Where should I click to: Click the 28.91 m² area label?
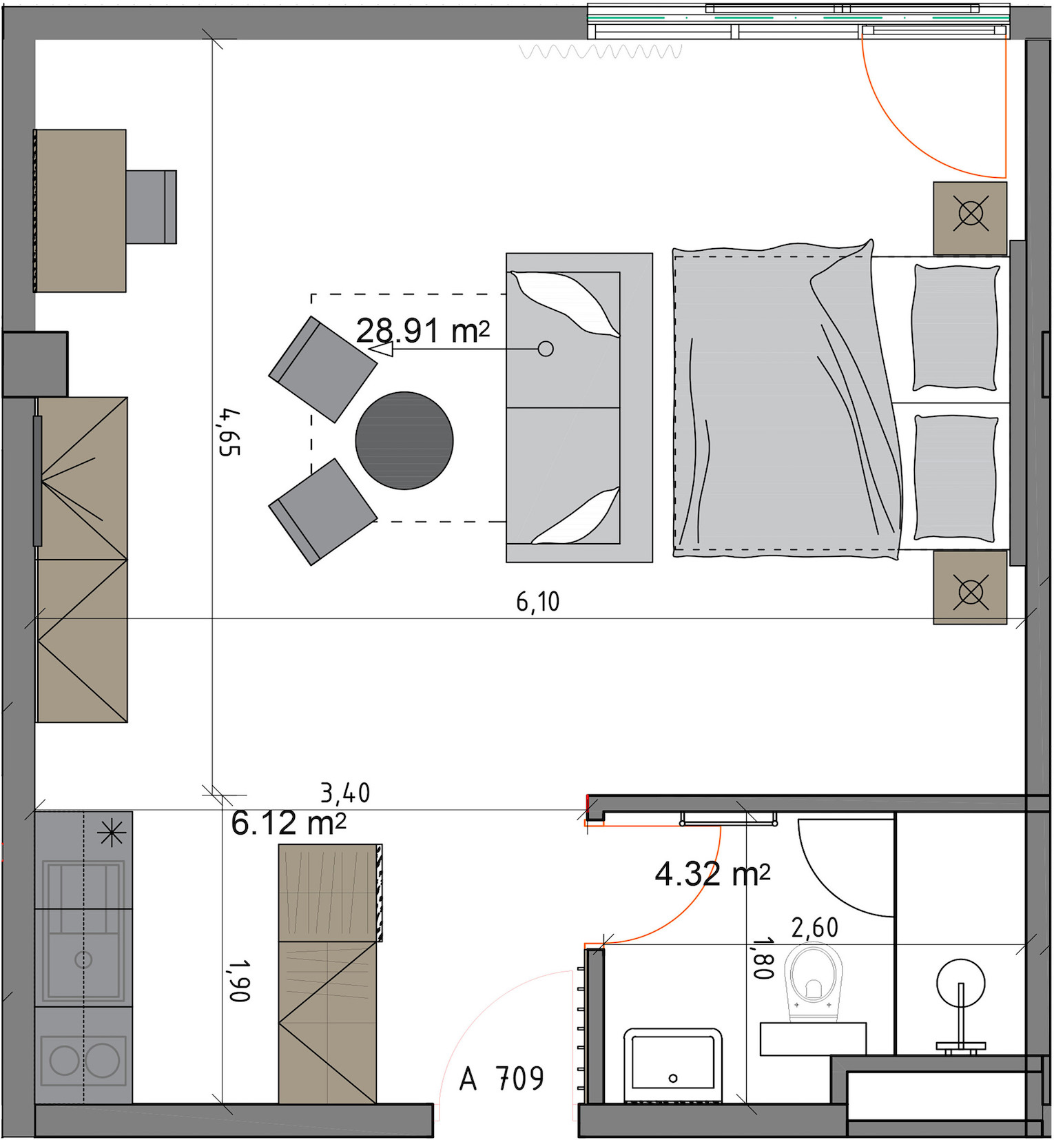pyautogui.click(x=423, y=331)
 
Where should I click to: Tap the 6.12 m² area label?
pyautogui.click(x=288, y=823)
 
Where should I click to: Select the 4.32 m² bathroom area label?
pyautogui.click(x=712, y=874)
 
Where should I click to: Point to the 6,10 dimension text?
pyautogui.click(x=538, y=602)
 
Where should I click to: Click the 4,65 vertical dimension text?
pyautogui.click(x=229, y=432)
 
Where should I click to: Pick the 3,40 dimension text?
pyautogui.click(x=345, y=793)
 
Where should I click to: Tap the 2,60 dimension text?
pyautogui.click(x=815, y=928)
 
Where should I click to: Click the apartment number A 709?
pyautogui.click(x=502, y=1079)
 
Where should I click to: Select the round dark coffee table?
pyautogui.click(x=404, y=440)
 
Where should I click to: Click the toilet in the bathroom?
pyautogui.click(x=816, y=981)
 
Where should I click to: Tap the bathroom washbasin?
pyautogui.click(x=672, y=1066)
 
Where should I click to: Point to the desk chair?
pyautogui.click(x=151, y=207)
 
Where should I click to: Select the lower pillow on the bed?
pyautogui.click(x=955, y=478)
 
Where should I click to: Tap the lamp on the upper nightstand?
pyautogui.click(x=971, y=213)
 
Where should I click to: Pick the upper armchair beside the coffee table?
pyautogui.click(x=322, y=369)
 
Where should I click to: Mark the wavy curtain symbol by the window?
pyautogui.click(x=601, y=52)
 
